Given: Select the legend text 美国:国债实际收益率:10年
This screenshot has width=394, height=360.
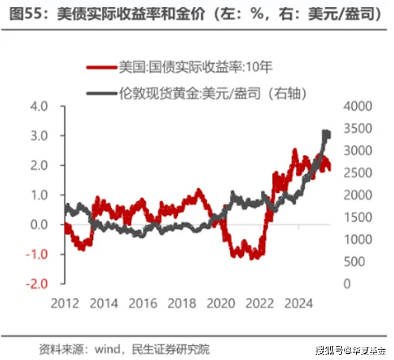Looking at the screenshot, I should point(195,68).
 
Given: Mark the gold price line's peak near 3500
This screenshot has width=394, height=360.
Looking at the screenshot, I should point(326,133).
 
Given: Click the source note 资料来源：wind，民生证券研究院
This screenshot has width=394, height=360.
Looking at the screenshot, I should point(124,348).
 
